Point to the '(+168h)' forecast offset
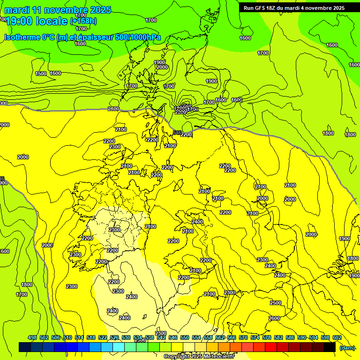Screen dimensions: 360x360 [83, 21]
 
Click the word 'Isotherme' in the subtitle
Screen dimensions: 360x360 [22, 37]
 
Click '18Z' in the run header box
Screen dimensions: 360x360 [272, 8]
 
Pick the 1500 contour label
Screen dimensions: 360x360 [41, 74]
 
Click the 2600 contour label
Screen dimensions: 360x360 [274, 318]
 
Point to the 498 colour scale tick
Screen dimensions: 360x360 [32, 338]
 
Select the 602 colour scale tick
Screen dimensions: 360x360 [337, 338]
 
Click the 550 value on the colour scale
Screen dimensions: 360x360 [185, 338]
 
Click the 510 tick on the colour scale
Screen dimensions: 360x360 [67, 338]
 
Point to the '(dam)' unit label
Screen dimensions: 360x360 [347, 347]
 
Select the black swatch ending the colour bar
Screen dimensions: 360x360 [330, 347]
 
